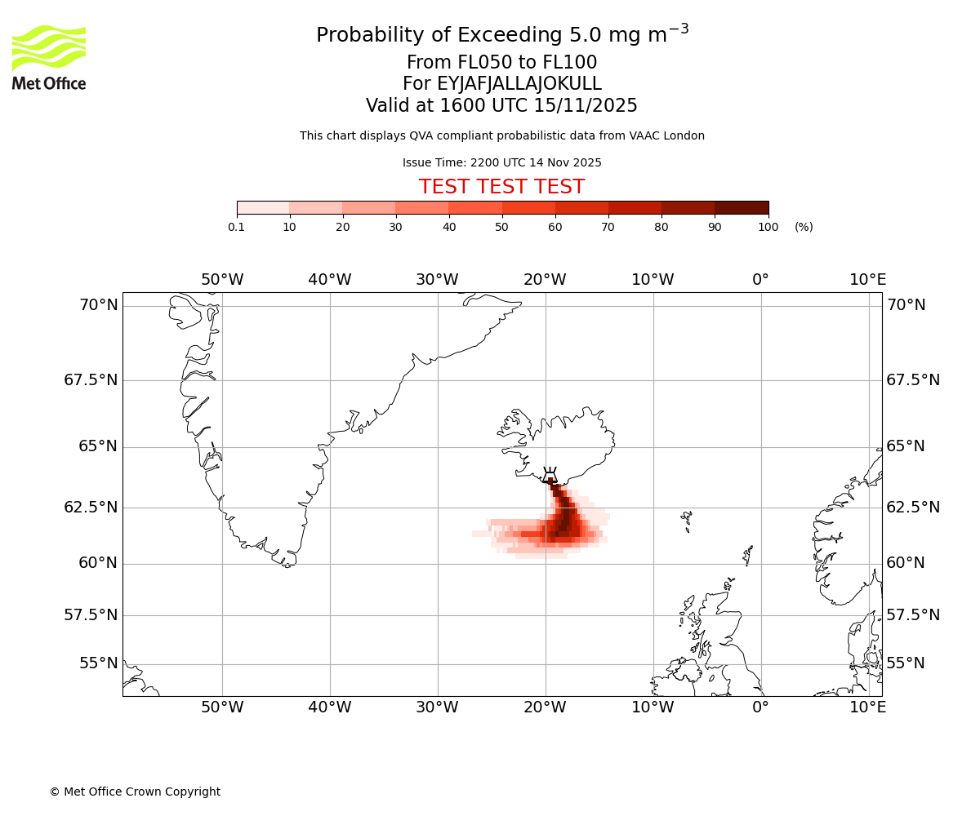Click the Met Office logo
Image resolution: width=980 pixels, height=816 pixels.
pos(49,57)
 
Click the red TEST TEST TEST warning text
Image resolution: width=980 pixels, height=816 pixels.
pos(501,187)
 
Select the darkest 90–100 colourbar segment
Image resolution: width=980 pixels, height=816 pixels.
pos(742,207)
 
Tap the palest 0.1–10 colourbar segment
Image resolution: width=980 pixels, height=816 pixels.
pos(263,207)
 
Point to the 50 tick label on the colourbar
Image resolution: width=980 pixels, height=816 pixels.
pos(502,227)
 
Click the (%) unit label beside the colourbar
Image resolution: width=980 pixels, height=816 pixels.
pos(804,227)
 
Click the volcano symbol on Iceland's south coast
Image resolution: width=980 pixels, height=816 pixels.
pos(550,476)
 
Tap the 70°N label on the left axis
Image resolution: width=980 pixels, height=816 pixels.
pos(98,305)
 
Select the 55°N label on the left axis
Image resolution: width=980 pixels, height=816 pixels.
pos(98,663)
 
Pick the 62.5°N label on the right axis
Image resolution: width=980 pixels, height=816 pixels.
pos(913,508)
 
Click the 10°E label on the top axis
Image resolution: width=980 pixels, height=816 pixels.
pos(867,280)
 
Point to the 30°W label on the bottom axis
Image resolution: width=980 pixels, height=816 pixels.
pos(437,707)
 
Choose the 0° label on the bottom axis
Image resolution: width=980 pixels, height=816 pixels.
pos(760,707)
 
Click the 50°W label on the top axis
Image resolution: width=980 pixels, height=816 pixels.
pos(222,280)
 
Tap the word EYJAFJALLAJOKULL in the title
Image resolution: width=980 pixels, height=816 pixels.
pos(519,84)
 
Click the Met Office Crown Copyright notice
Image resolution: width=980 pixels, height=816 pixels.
pos(135,792)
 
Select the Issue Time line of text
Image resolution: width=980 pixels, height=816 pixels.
pos(501,162)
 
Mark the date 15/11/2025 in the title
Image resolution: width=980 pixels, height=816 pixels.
pos(586,106)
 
